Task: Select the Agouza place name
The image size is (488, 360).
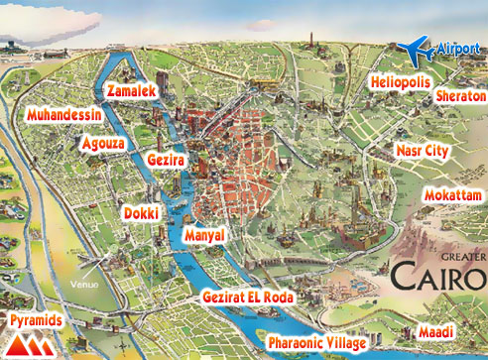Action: (x=104, y=142)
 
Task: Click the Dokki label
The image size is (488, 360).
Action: (x=140, y=212)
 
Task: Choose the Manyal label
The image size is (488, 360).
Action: (x=205, y=235)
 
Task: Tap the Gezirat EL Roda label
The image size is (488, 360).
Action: (x=248, y=298)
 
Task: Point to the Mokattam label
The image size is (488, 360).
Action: (x=452, y=194)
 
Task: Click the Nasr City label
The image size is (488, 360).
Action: (x=422, y=150)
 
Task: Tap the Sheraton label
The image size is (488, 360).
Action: (x=461, y=97)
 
